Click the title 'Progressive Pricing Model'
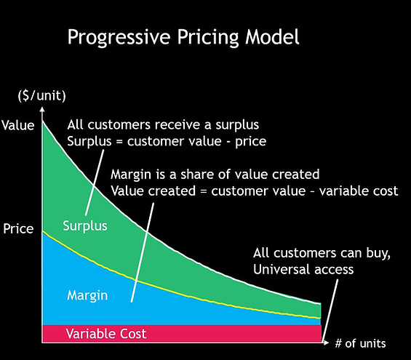[183, 37]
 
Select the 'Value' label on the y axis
[17, 125]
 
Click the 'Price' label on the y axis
[17, 229]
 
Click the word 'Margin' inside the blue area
[87, 295]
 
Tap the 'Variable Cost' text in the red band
[106, 334]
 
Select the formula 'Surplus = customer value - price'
[166, 141]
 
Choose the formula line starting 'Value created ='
[254, 192]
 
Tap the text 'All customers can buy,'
[313, 254]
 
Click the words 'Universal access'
[303, 270]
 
